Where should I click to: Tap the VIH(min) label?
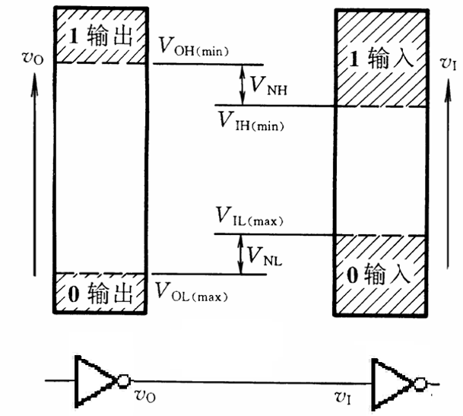250,120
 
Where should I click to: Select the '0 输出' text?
100,293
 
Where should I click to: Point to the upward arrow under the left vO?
33,175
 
